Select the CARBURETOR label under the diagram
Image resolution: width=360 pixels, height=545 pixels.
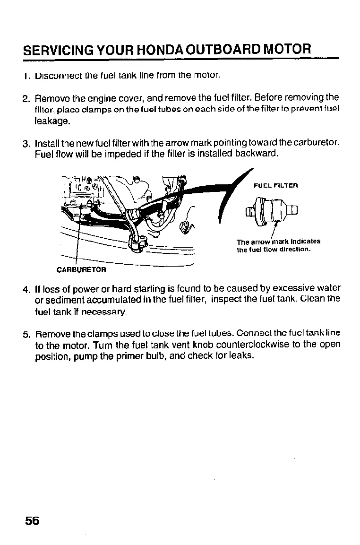[x=81, y=270]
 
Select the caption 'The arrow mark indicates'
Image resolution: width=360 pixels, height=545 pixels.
[x=278, y=242]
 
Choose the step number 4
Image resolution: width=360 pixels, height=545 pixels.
[x=27, y=288]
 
